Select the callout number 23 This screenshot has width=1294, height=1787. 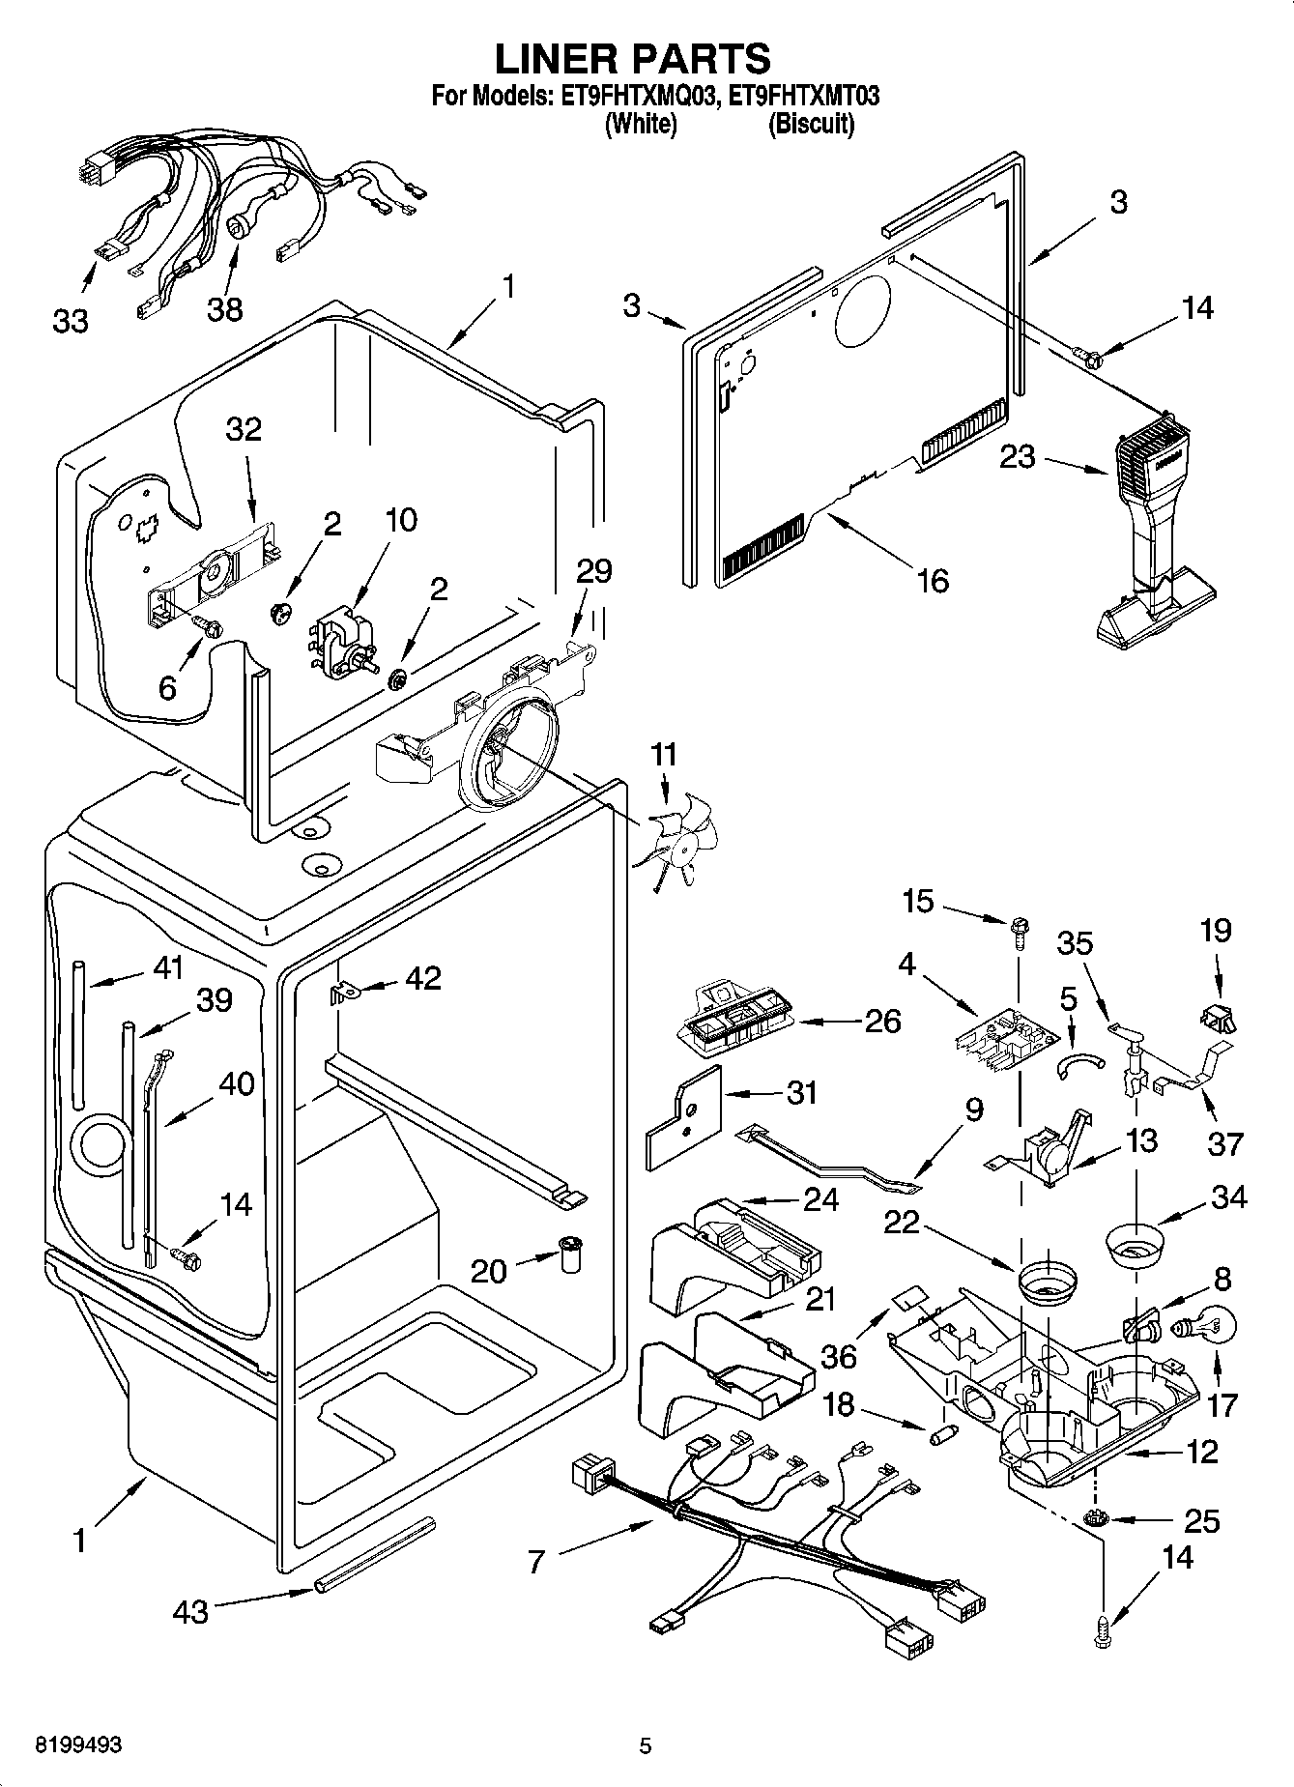click(x=1017, y=457)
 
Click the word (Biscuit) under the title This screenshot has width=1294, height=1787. click(x=811, y=125)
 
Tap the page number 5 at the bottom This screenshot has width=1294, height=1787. click(x=646, y=1746)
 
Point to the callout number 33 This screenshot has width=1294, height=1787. click(x=71, y=321)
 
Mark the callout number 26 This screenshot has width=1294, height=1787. click(x=882, y=1021)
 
